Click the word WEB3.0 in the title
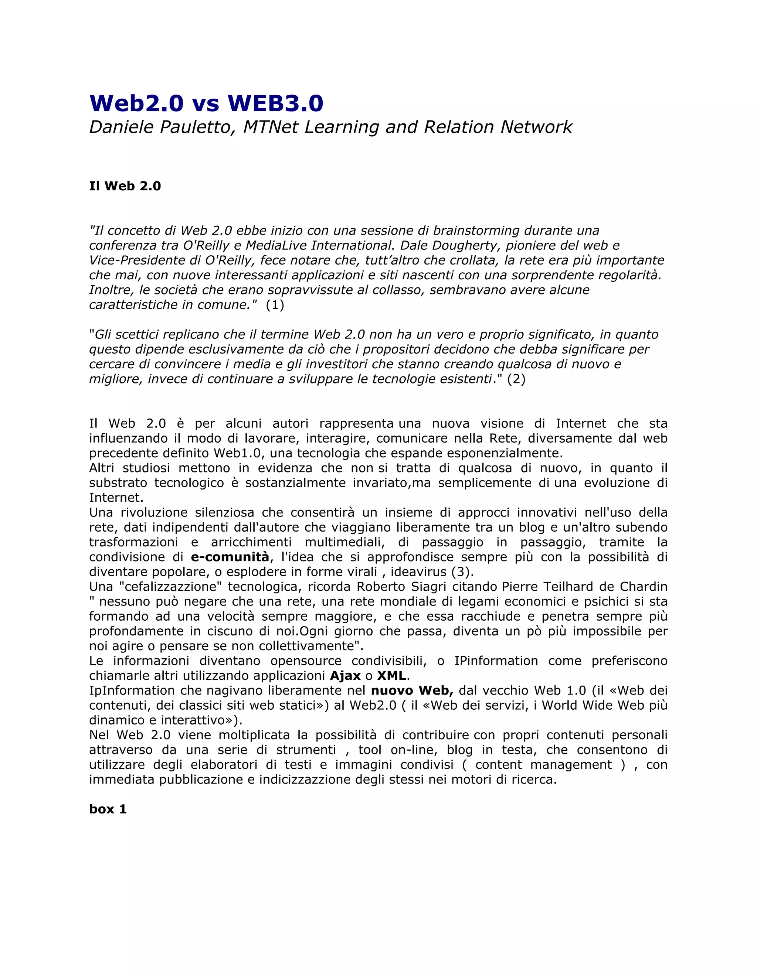point(275,103)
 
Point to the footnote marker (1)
point(275,305)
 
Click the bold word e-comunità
point(230,557)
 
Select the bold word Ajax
point(345,676)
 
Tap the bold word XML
point(391,676)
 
